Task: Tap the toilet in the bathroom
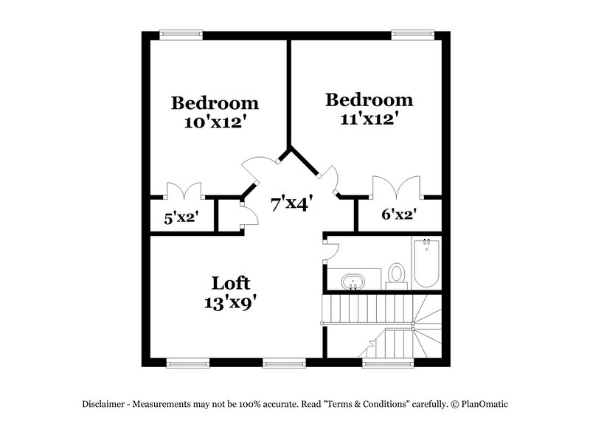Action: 397,273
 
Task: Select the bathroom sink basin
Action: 352,282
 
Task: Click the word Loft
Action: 231,283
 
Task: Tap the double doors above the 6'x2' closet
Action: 398,186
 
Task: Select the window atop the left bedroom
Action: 181,33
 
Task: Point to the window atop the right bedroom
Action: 412,33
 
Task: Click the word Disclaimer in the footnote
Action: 106,404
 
